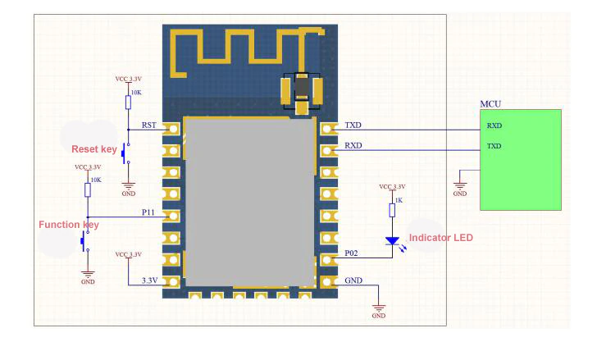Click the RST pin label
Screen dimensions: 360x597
click(149, 125)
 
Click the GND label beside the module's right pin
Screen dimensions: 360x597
click(354, 280)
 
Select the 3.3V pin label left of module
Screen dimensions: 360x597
click(149, 280)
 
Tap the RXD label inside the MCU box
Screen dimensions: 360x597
click(494, 126)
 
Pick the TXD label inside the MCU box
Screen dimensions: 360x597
click(494, 146)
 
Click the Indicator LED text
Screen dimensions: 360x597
click(441, 238)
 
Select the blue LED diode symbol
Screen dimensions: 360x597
click(392, 241)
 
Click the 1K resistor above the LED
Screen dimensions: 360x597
click(392, 210)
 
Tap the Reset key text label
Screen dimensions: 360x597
click(94, 149)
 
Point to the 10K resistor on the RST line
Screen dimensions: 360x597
click(128, 102)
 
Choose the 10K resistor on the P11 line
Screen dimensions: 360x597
click(87, 189)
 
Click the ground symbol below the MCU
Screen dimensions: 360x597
click(460, 185)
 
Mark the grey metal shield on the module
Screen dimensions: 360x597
click(249, 201)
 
